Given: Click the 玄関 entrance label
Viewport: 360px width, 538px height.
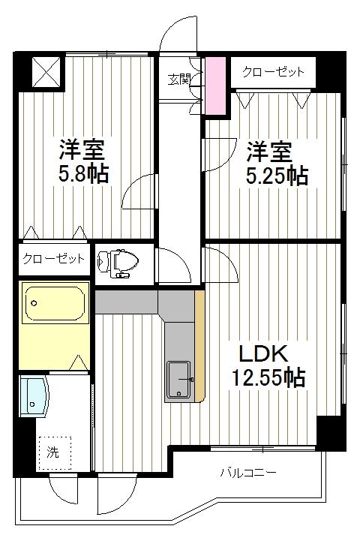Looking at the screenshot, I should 178,77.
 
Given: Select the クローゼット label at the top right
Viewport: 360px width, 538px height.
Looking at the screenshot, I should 273,72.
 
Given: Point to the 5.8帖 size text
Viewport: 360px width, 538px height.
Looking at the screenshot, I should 84,174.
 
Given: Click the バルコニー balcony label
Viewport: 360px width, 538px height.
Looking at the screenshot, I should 248,473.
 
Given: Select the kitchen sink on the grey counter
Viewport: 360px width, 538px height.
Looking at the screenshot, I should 179,379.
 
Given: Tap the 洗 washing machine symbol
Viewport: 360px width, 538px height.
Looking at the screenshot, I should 53,452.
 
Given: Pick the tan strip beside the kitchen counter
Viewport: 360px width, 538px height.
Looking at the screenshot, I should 199,346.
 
